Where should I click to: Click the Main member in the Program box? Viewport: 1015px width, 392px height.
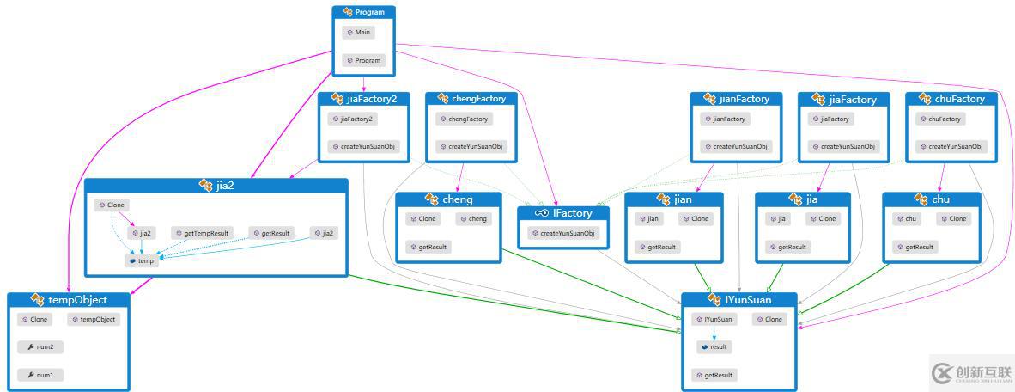pos(361,33)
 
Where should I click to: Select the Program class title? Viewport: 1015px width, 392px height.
pos(364,12)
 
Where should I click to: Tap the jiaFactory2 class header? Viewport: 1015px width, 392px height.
pos(364,99)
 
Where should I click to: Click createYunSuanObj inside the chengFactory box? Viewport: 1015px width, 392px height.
pos(471,147)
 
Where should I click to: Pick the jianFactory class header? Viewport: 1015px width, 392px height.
pos(737,99)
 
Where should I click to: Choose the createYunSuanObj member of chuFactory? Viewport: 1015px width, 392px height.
pos(951,147)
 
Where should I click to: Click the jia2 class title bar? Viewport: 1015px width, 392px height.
pos(216,185)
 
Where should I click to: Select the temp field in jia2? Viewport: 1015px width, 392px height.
pos(143,260)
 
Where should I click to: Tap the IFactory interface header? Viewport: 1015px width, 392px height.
pos(563,212)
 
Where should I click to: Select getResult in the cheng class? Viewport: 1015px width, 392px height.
pos(428,247)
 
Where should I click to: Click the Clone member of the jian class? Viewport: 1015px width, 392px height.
pos(696,219)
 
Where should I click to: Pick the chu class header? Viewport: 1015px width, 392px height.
pos(932,199)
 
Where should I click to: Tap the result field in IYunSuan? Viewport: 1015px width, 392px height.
pos(714,347)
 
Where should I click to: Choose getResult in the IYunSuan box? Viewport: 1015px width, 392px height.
pos(714,376)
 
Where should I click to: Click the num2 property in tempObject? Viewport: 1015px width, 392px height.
pos(41,347)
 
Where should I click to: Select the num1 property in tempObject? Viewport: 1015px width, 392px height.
pos(41,376)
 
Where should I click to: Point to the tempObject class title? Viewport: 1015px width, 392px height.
pos(70,300)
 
